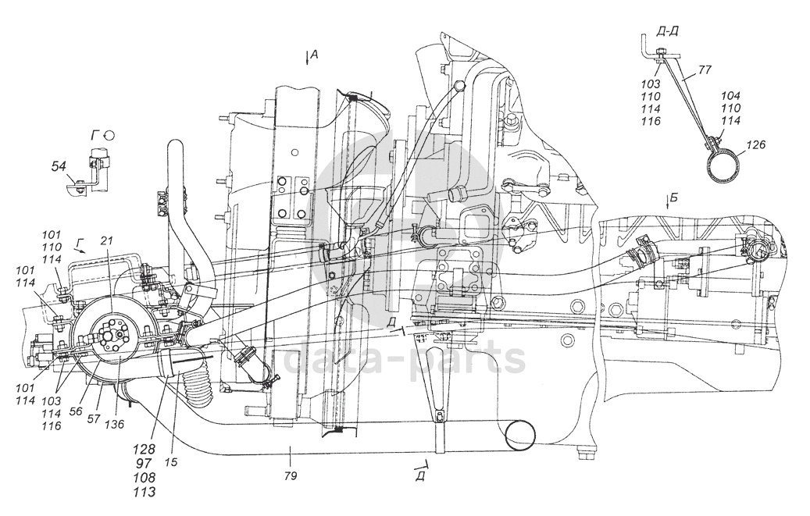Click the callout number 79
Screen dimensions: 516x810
[291, 474]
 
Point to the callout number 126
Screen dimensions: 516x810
[755, 144]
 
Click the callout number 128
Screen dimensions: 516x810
[145, 450]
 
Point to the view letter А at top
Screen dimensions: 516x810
[313, 54]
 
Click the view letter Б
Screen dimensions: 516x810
[674, 197]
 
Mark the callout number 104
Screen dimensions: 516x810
[732, 95]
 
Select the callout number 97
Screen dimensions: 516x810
[145, 464]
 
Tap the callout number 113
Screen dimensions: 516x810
[145, 492]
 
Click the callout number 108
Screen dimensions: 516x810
[145, 478]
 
